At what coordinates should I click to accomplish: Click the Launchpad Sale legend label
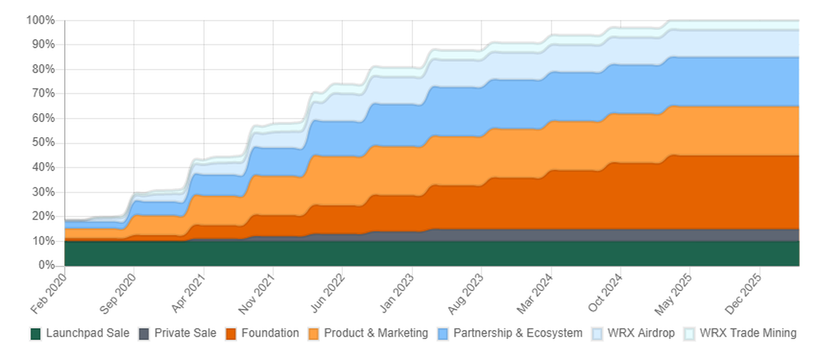[88, 333]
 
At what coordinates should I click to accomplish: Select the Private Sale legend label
[185, 333]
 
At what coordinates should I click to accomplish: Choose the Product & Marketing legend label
[376, 333]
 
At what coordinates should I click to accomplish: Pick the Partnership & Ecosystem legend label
[517, 333]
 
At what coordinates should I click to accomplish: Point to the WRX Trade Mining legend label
[748, 333]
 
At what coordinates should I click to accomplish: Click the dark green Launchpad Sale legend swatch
[36, 333]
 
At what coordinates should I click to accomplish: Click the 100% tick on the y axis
[40, 20]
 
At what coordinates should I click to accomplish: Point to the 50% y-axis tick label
[42, 142]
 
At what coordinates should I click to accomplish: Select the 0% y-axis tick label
[45, 265]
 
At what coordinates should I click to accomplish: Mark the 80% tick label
[42, 69]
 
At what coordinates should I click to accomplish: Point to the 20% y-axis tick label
[42, 216]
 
